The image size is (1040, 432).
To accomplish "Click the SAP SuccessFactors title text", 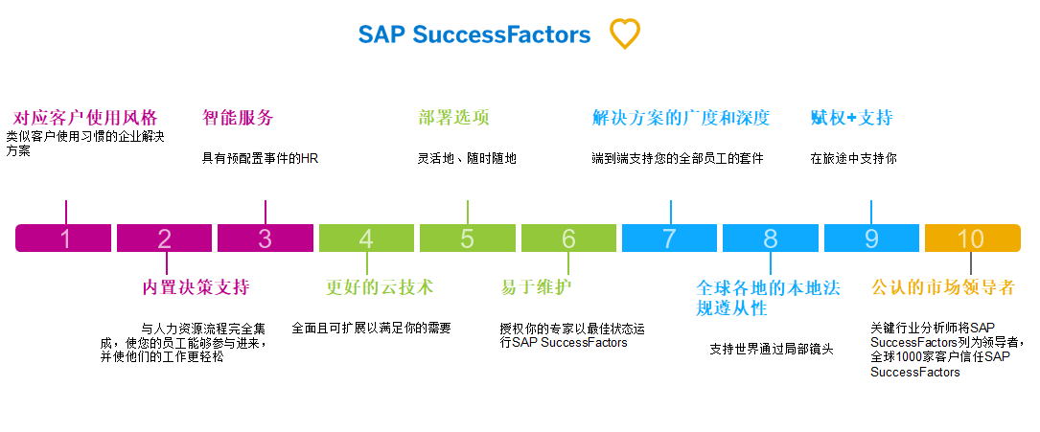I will click(474, 35).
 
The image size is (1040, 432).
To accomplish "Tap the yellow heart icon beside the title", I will click(624, 34).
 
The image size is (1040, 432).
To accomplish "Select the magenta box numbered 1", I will click(64, 239).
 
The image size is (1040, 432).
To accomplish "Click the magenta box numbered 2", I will click(164, 239).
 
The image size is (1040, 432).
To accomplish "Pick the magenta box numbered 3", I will click(265, 239).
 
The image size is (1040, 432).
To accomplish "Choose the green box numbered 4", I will click(366, 239).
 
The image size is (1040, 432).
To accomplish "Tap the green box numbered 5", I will click(467, 239).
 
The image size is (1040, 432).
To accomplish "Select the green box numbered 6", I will click(568, 239).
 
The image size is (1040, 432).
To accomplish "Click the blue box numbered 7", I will click(669, 239).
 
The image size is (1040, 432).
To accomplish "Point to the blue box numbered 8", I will click(771, 239).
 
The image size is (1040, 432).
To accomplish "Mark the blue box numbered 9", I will click(871, 239).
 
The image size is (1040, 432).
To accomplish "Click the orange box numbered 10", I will click(971, 239).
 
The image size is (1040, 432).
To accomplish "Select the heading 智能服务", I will click(238, 118).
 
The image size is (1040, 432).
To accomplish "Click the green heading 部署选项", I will click(453, 118).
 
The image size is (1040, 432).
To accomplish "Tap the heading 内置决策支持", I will click(196, 287).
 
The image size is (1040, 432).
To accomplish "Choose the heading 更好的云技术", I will click(380, 287).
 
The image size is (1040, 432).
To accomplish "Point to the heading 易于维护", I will click(539, 287).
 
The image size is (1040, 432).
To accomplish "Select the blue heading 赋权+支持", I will click(851, 118).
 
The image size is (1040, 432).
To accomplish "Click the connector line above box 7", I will click(671, 212).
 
